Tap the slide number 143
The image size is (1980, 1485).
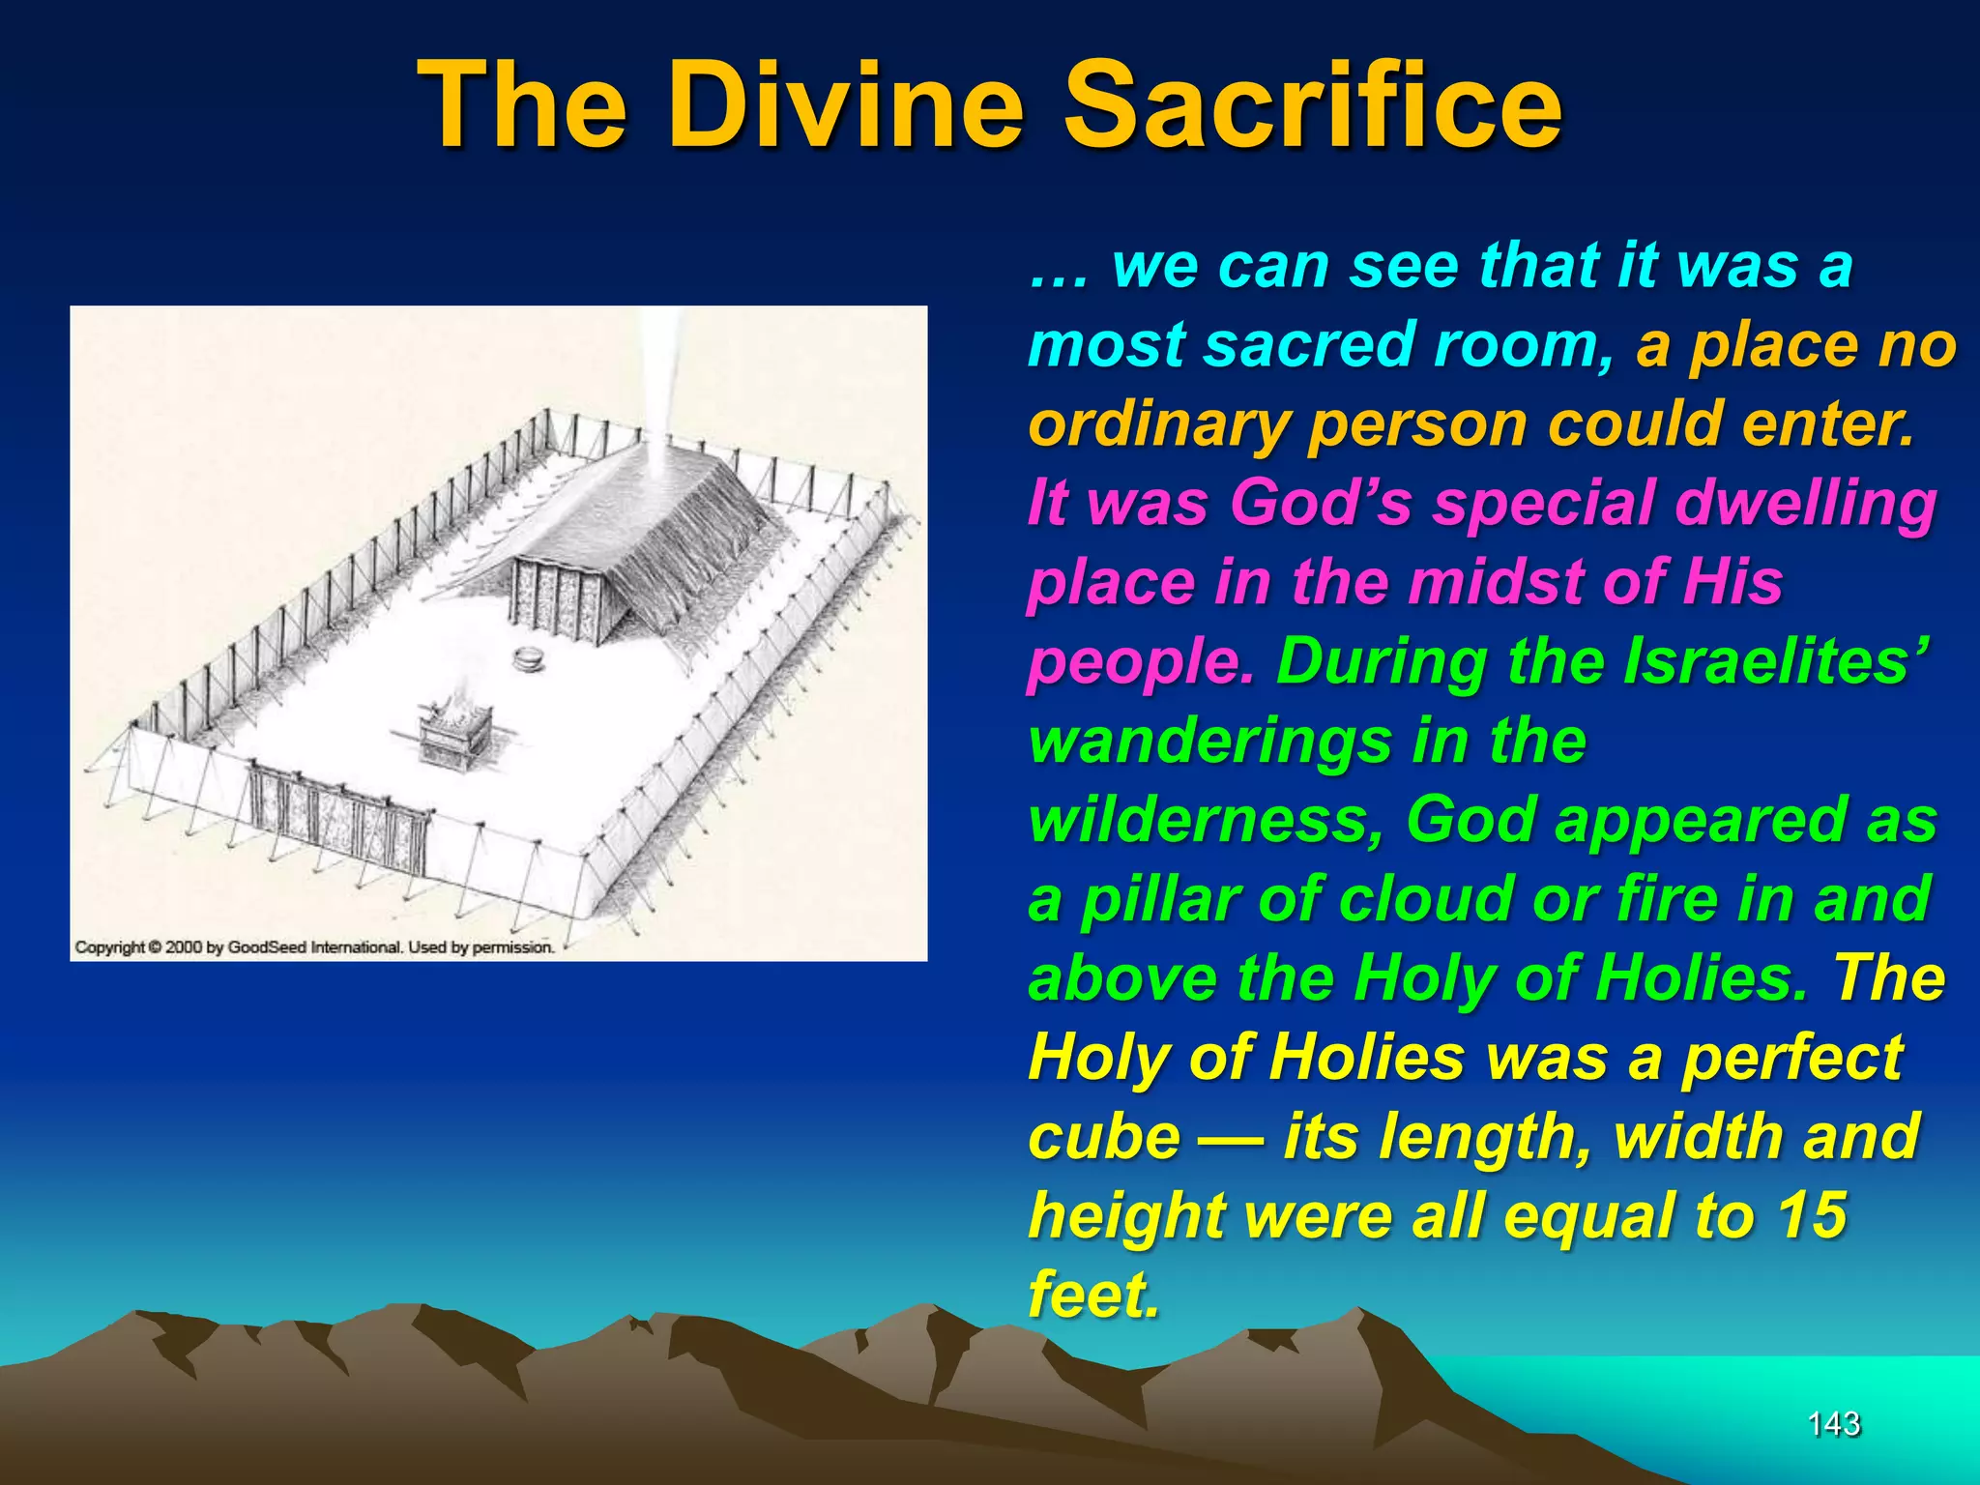1833,1424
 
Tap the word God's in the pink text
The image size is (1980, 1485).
1321,503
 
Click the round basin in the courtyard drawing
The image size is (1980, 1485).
528,659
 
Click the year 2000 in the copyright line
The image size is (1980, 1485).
184,947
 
